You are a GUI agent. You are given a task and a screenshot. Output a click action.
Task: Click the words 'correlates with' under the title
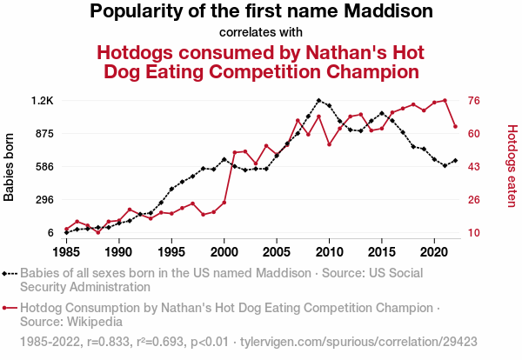coord(260,33)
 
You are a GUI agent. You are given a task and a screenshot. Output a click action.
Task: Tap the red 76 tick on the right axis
coord(475,101)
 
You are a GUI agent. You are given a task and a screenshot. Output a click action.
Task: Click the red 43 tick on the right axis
coord(475,167)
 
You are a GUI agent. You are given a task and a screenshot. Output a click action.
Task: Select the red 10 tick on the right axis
coord(475,233)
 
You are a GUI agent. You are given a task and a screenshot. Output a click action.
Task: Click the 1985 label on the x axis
coord(66,252)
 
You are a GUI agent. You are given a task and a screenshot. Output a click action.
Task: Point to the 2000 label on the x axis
coord(224,252)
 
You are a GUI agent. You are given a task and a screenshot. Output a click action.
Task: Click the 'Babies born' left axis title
coord(10,167)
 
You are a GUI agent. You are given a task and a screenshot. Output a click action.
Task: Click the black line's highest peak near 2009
coord(318,101)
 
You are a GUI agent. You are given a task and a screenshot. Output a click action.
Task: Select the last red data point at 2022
coord(455,127)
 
